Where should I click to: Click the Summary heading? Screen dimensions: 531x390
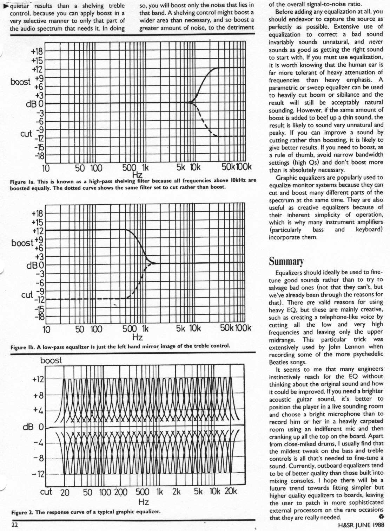coord(286,262)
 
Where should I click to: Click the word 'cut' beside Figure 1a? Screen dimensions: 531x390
coord(26,134)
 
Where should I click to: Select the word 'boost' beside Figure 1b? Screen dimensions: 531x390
coord(22,243)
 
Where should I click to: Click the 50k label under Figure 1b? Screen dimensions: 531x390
coord(227,328)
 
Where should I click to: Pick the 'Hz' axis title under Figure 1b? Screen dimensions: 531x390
coord(137,338)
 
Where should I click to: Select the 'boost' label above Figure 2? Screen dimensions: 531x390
coord(51,361)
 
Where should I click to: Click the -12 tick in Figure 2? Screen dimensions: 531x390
coord(38,474)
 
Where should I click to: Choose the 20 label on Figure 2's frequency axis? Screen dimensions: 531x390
coord(65,492)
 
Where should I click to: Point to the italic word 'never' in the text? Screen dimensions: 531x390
coord(376,42)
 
